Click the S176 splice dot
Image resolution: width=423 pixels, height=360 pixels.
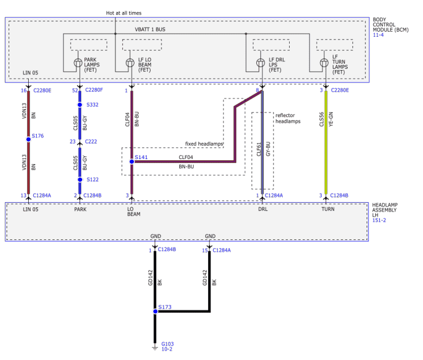coord(28,140)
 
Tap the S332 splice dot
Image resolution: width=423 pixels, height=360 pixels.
coord(79,104)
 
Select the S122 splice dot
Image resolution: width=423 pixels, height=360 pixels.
coord(80,180)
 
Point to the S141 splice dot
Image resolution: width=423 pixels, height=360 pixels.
coord(132,161)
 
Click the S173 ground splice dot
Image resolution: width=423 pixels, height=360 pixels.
coord(155,311)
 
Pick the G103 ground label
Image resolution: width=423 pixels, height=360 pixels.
coord(167,344)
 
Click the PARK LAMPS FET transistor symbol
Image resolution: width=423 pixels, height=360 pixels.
coord(78,63)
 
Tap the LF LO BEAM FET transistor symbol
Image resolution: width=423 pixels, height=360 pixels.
coord(130,63)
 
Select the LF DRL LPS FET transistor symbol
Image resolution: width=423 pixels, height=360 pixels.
coord(260,63)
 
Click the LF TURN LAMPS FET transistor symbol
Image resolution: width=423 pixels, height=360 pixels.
coord(324,63)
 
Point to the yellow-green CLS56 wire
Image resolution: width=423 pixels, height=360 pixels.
coord(326,142)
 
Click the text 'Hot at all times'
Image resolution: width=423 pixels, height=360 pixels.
coord(124,13)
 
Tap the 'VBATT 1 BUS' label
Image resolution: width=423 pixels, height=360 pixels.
coord(150,29)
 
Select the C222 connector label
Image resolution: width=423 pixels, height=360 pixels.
coord(91,141)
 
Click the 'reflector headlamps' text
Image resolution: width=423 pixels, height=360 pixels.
coord(288,118)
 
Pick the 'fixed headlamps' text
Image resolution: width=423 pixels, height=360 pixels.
coord(204,144)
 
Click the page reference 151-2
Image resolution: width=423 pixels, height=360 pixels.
coord(379,220)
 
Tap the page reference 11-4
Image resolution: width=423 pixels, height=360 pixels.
coord(378,35)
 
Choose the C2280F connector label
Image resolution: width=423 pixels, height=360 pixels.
coord(94,90)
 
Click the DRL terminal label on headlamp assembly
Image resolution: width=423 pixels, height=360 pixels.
coord(263,209)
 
